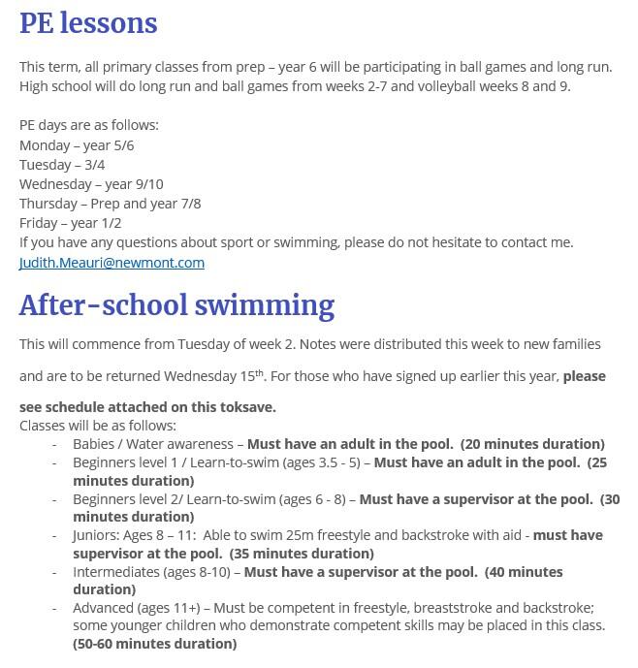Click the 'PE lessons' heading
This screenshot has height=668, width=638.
coord(88,23)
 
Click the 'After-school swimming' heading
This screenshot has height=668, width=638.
coord(176,305)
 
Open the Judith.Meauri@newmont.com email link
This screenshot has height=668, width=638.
coord(112,263)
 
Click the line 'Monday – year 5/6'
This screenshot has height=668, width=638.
coord(77,145)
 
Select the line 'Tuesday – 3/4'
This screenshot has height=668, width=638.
coord(62,165)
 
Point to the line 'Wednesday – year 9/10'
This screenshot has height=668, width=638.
coord(91,184)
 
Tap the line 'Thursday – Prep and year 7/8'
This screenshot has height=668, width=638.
coord(110,204)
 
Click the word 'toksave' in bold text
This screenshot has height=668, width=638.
coord(248,407)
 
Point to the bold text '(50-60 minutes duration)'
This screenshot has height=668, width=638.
coord(154,644)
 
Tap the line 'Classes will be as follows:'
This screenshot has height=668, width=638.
coord(98,426)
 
